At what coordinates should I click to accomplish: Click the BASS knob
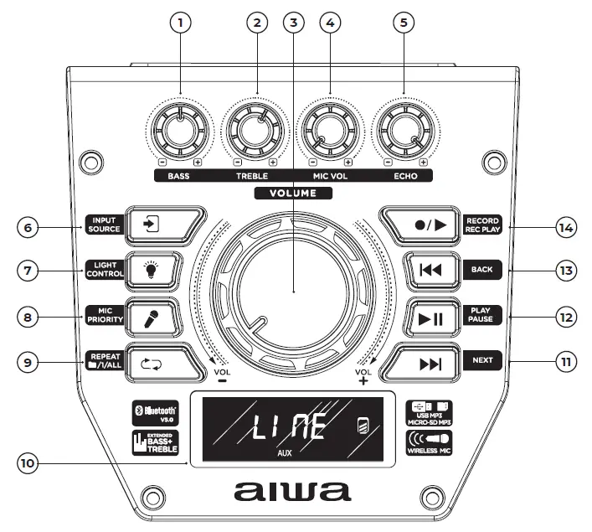pyautogui.click(x=178, y=130)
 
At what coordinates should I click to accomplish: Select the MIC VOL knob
pyautogui.click(x=327, y=130)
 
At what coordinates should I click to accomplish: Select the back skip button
pyautogui.click(x=428, y=270)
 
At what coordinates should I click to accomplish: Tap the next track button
pyautogui.click(x=428, y=362)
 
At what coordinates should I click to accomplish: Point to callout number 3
pyautogui.click(x=292, y=23)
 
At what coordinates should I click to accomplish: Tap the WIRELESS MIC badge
pyautogui.click(x=429, y=442)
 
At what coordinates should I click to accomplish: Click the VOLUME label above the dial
pyautogui.click(x=293, y=193)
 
